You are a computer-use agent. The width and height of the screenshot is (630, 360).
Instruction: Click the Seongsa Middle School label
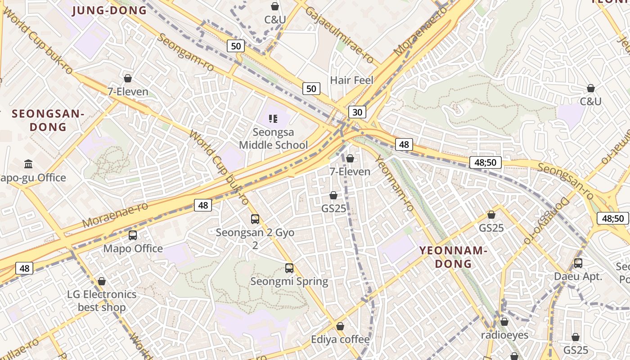tap(273, 139)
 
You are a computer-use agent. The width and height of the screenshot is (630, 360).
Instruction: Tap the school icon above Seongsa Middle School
tap(273, 119)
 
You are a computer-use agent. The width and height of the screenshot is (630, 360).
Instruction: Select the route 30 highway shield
tap(357, 112)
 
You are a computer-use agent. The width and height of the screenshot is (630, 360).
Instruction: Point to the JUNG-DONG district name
tap(109, 10)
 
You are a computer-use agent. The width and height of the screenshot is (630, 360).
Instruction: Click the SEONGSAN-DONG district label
tap(48, 120)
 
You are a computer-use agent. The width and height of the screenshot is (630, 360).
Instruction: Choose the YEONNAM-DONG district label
tap(454, 257)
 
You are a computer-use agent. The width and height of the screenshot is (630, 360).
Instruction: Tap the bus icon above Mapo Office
tap(133, 235)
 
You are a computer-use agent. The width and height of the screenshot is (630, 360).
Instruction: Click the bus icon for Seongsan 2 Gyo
tap(255, 219)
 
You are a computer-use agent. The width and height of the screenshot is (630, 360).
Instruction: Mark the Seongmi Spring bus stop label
tap(289, 282)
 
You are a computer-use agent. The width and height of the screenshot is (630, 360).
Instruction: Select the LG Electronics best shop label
tap(102, 301)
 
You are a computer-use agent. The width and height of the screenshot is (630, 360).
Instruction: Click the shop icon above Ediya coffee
tap(340, 326)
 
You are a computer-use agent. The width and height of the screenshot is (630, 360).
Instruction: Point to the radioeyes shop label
tap(504, 335)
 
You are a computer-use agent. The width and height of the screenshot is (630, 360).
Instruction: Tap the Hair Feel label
tap(352, 80)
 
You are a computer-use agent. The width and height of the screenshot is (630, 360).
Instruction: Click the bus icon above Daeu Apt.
tap(578, 263)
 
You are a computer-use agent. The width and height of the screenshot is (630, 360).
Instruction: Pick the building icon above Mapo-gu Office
tap(28, 164)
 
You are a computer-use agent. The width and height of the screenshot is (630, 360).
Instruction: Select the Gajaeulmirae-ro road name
tap(339, 35)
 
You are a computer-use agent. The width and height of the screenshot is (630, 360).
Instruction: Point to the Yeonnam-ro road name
tap(395, 183)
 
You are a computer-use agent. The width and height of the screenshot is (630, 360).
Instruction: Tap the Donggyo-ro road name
tap(546, 220)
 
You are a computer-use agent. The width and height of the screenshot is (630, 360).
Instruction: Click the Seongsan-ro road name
tap(565, 180)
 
